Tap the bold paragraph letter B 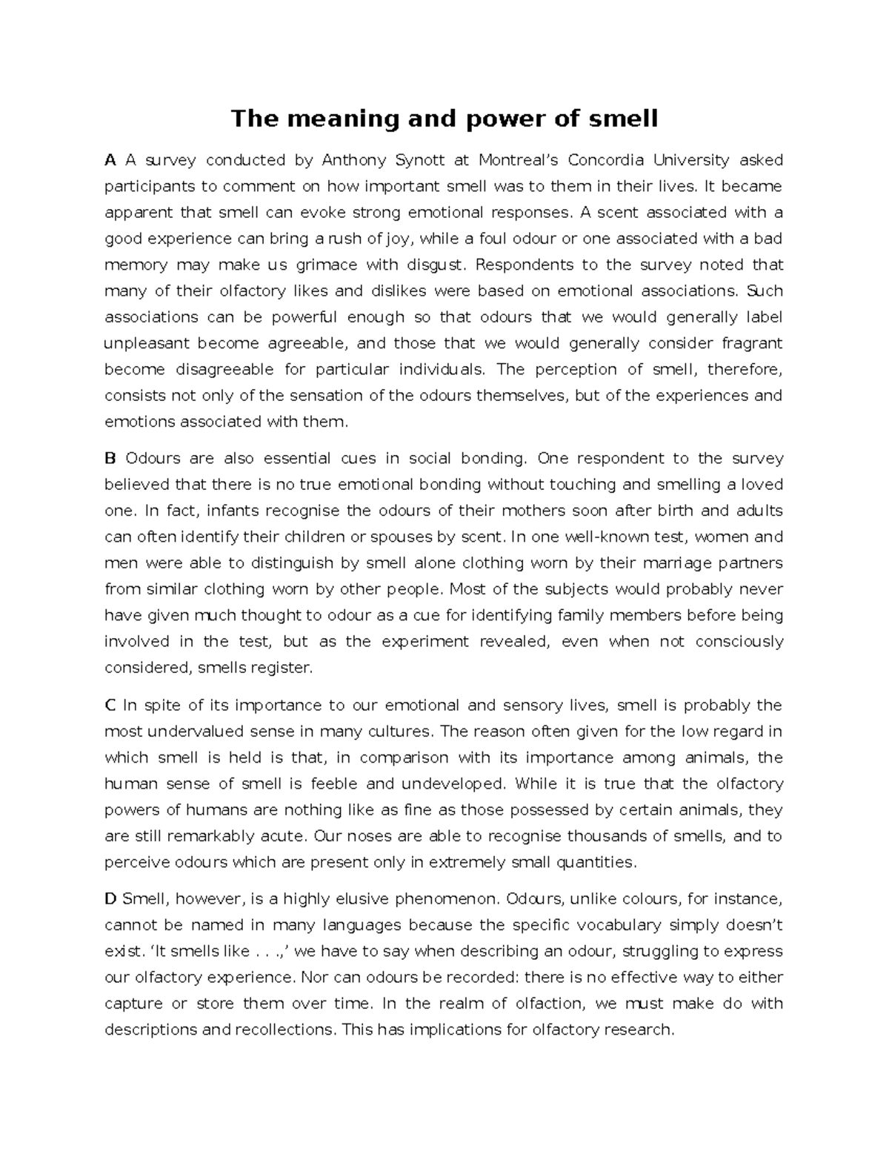tap(110, 458)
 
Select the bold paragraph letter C tap(110, 705)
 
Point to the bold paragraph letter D tap(110, 899)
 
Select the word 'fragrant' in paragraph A tap(753, 343)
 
